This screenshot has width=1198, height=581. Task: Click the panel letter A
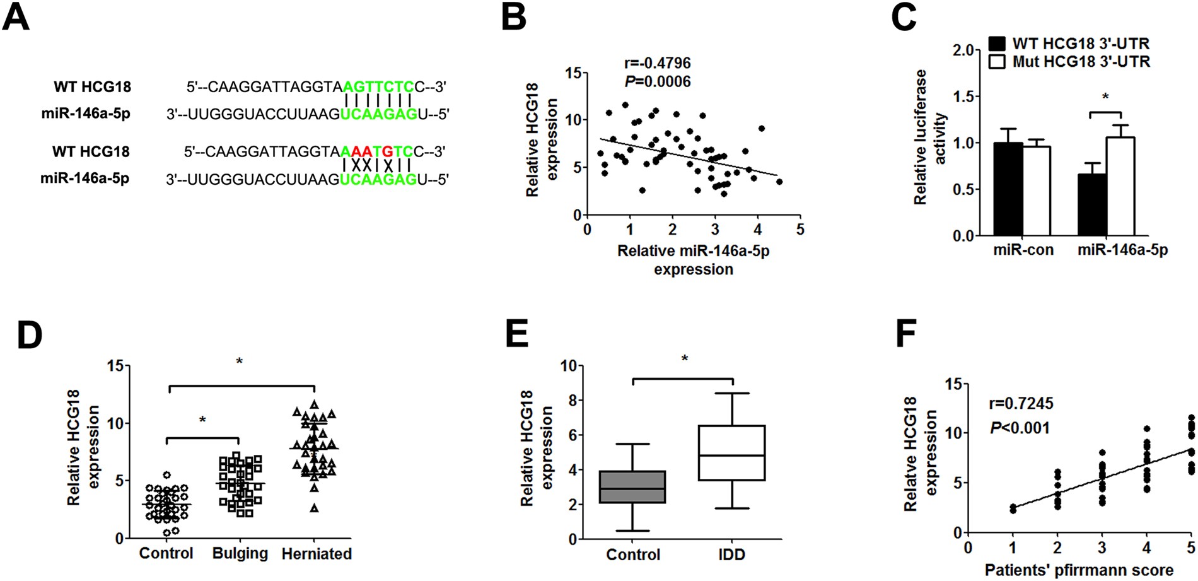[16, 17]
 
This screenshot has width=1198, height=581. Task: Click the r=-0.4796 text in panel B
[657, 63]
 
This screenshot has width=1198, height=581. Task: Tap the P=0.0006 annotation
[657, 81]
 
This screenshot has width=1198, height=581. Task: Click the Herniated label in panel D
[316, 554]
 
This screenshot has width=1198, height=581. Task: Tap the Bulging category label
[240, 554]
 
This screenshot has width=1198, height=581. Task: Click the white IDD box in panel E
[732, 453]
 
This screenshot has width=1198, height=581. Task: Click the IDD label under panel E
[731, 555]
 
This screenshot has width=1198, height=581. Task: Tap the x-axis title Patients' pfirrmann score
[1079, 570]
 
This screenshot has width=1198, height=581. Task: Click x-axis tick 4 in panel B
[757, 230]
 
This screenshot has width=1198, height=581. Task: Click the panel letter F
[906, 334]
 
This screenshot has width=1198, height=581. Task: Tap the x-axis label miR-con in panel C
[1023, 250]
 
